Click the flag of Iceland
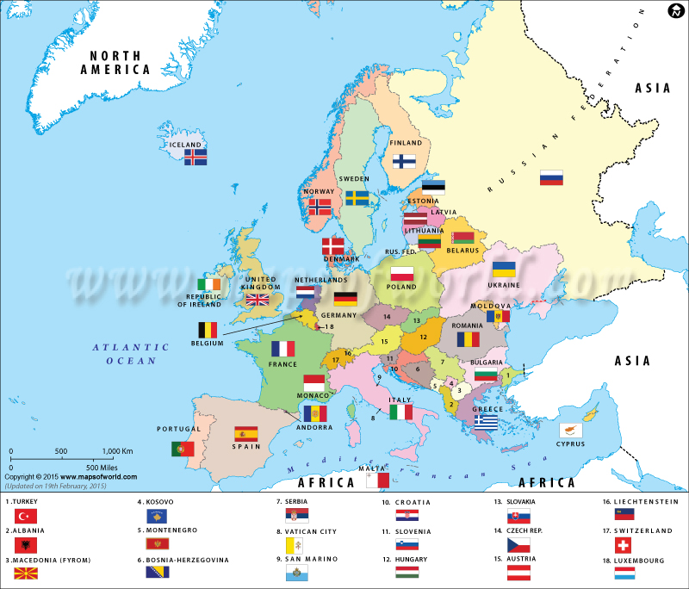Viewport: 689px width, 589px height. click(196, 158)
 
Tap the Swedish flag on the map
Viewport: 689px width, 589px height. click(357, 198)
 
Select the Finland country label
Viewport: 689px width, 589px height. click(406, 143)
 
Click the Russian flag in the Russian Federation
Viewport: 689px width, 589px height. click(551, 177)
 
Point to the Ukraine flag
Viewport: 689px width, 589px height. click(504, 269)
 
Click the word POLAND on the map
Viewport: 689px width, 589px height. click(401, 287)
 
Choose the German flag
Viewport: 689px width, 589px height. click(345, 299)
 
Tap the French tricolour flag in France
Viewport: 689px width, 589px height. click(283, 349)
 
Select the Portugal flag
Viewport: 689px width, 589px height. click(183, 449)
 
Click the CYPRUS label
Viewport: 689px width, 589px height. click(569, 444)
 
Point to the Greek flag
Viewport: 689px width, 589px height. click(486, 422)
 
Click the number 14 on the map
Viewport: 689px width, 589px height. click(387, 317)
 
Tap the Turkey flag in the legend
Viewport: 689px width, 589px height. click(25, 516)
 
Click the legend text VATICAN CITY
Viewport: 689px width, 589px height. click(305, 531)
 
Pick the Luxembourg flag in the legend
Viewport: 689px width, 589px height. click(624, 572)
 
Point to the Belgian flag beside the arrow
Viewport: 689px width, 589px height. click(208, 330)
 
